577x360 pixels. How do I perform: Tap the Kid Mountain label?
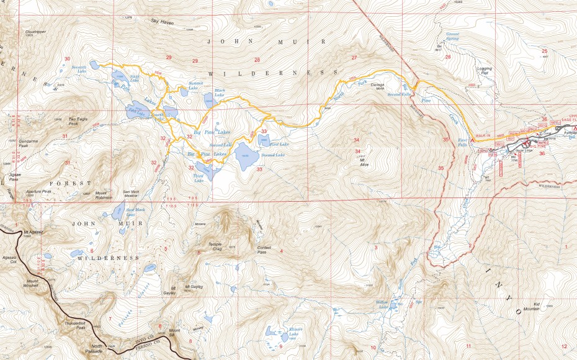[532, 306]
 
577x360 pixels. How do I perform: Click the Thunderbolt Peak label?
[73, 326]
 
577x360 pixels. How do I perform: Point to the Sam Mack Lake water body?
[118, 211]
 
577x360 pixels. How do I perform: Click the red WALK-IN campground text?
[485, 135]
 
